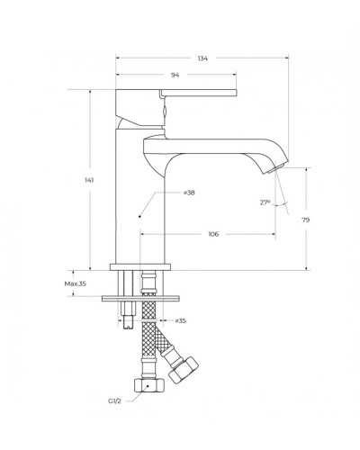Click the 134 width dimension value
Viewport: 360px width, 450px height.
point(202,58)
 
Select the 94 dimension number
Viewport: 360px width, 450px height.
point(175,75)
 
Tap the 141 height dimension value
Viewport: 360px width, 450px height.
point(89,180)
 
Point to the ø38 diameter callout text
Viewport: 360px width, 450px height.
point(189,193)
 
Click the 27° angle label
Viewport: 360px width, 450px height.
point(265,202)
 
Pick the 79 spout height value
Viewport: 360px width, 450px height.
point(306,220)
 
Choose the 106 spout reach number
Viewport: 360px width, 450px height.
point(213,234)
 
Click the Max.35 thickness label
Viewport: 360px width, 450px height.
point(76,283)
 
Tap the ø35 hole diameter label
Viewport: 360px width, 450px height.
point(181,320)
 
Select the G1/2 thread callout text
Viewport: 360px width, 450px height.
point(114,401)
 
